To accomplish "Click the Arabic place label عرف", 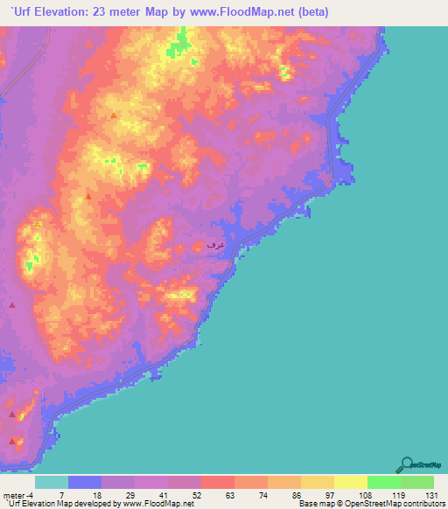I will point(215,245).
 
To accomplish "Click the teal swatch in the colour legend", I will point(52,482).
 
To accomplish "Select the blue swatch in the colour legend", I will point(85,482).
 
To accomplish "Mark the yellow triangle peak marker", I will point(38,225).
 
